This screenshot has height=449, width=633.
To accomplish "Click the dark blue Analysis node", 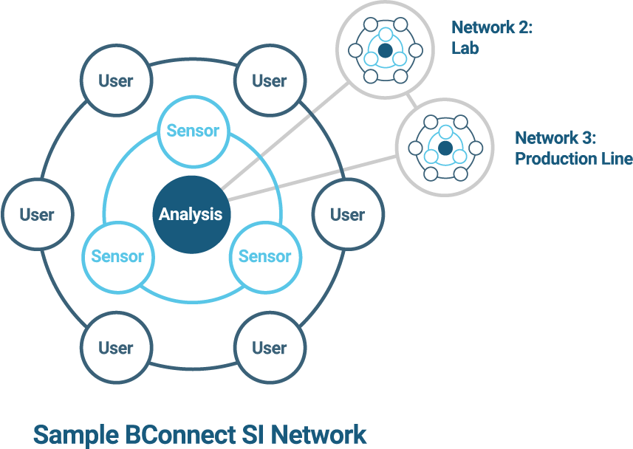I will coord(191,214).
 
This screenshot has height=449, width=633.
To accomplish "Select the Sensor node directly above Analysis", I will coord(193,131).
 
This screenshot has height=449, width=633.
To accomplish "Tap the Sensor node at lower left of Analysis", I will coord(117,256).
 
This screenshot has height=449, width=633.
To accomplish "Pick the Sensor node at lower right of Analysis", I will coord(264,256).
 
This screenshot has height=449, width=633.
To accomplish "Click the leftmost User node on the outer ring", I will coord(37,215).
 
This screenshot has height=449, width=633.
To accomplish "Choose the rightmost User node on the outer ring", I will coord(347,215).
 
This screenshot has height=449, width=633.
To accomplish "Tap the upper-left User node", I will coord(116,80).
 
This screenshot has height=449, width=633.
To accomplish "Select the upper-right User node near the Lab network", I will coord(269,80).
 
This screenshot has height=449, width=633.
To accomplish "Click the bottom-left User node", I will coord(116,348).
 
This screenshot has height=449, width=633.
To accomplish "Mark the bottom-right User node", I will coord(269,348).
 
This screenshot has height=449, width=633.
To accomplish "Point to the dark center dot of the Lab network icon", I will coord(385,50).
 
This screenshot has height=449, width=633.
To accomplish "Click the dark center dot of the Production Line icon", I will coord(445,148).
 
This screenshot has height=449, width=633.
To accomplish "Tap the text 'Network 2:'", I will coord(492,28).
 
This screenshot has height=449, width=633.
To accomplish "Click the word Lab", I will coord(465,49).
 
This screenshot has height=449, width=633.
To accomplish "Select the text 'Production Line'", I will coord(573,159).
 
